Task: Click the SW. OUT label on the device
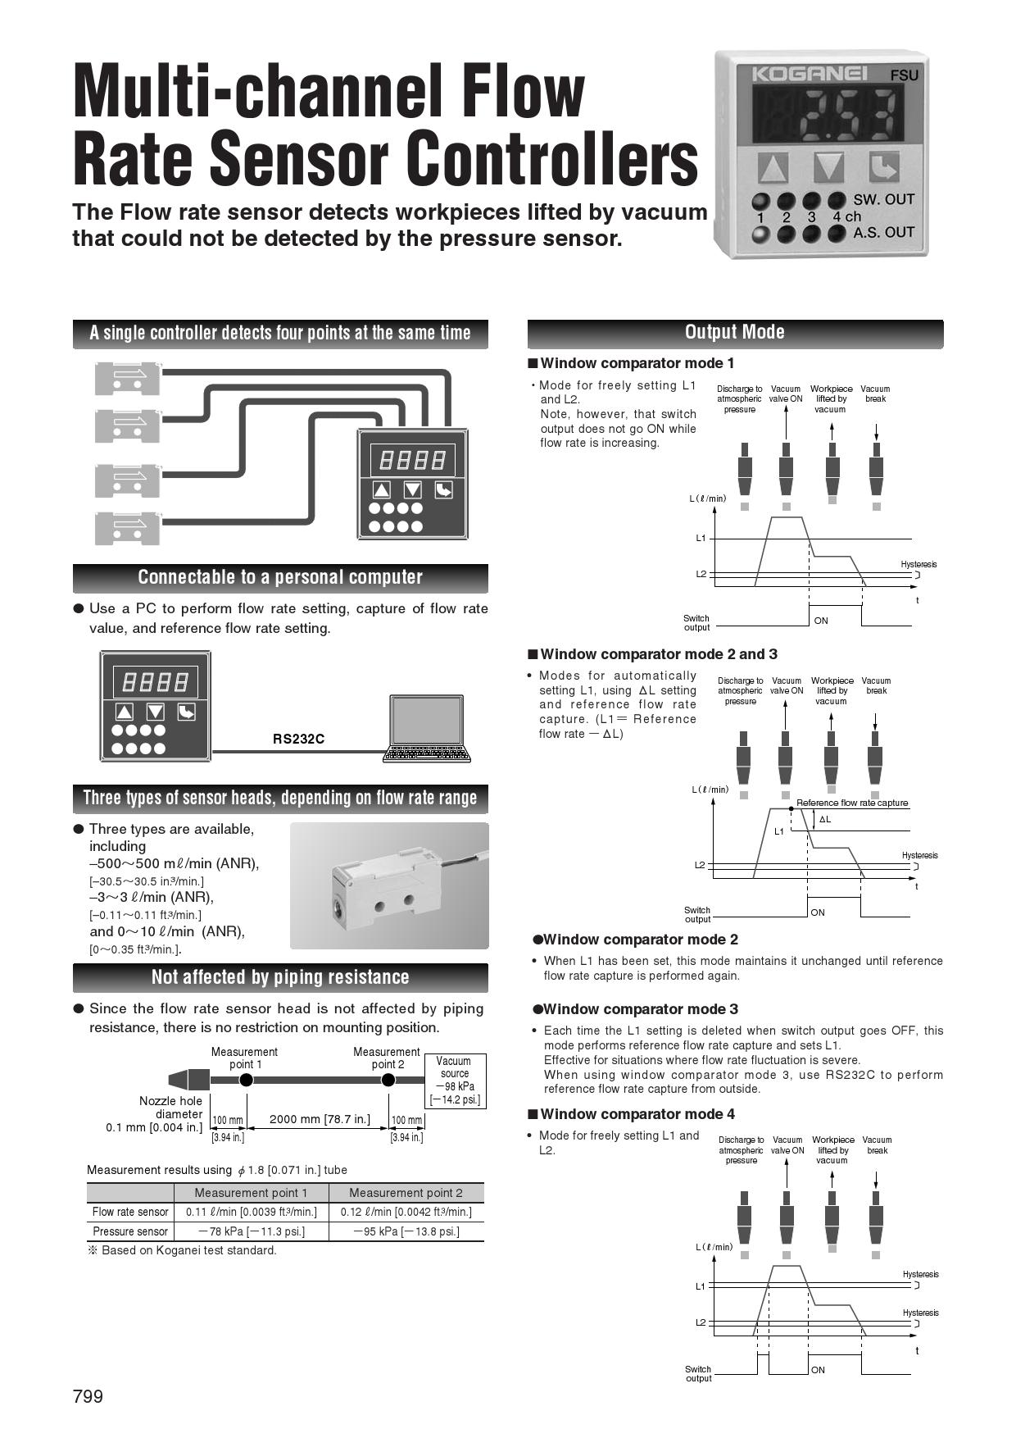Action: [883, 199]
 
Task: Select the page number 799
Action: [88, 1396]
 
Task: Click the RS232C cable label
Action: [298, 739]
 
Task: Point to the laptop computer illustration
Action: [427, 729]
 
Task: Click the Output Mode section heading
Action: [734, 333]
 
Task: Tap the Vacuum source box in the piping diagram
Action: [455, 1081]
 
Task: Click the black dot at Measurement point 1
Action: [246, 1080]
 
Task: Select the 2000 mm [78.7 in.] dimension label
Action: [320, 1118]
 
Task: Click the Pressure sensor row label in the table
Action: [129, 1231]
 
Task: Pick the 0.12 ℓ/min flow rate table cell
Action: [406, 1212]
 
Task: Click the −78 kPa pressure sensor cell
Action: [251, 1231]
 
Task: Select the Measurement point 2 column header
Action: [406, 1193]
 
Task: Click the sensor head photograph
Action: [389, 885]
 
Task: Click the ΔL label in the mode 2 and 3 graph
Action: [825, 819]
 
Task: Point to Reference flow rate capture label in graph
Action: [852, 803]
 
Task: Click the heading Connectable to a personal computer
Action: [280, 577]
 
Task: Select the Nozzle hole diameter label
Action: [170, 1108]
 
